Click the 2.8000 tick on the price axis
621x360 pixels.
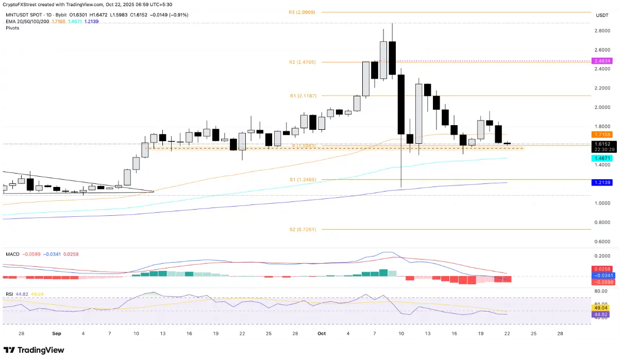click(601, 31)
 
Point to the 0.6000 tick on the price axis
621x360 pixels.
click(601, 242)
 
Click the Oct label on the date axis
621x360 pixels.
click(321, 334)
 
